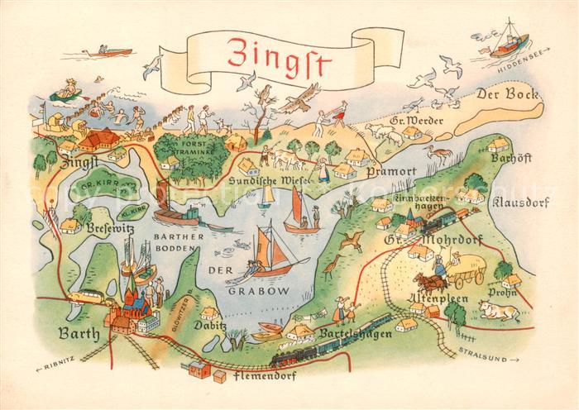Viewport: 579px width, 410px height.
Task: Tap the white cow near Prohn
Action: (x=500, y=312)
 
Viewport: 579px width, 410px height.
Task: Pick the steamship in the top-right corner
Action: (x=506, y=45)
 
